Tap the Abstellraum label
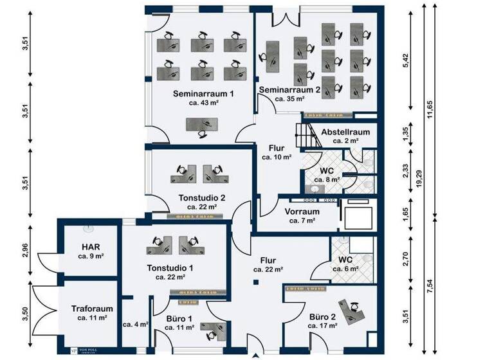tap(345, 131)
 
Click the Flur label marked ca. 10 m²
tap(277, 148)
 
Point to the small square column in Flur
tap(255, 282)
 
